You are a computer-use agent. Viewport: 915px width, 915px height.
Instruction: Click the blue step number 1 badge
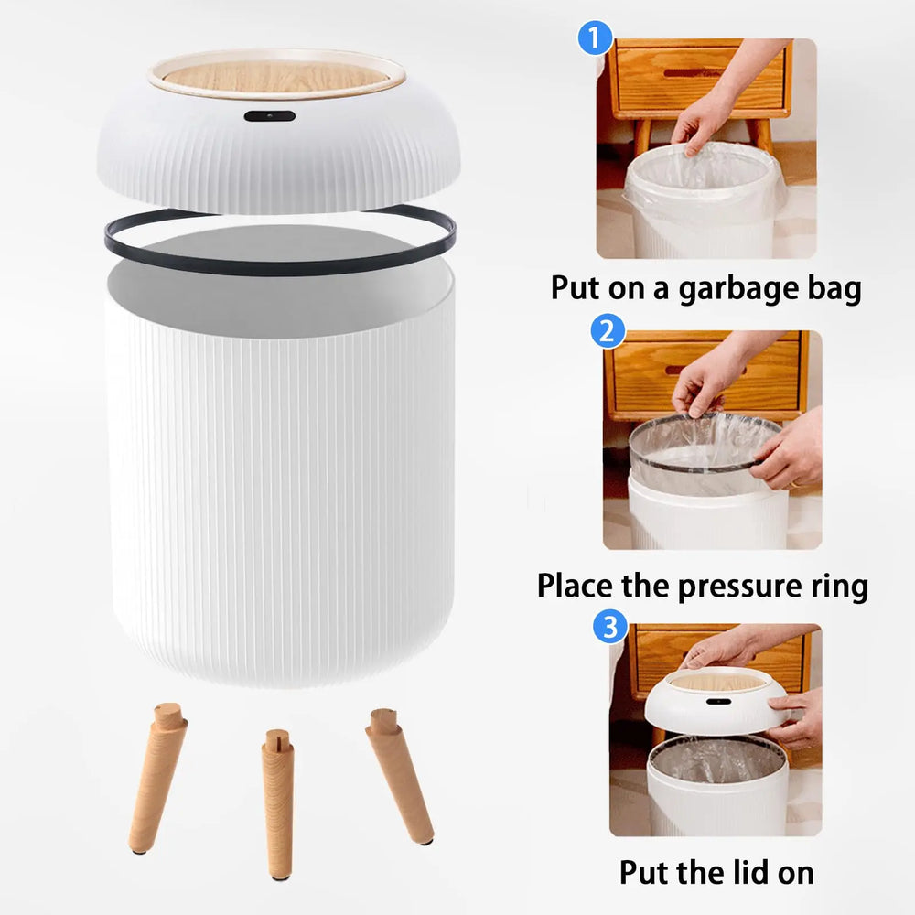[595, 39]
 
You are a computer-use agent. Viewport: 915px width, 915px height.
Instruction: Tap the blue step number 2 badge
[605, 330]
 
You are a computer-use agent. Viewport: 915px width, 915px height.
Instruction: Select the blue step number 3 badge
[610, 628]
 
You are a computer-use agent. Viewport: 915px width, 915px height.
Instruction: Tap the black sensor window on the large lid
[269, 118]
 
